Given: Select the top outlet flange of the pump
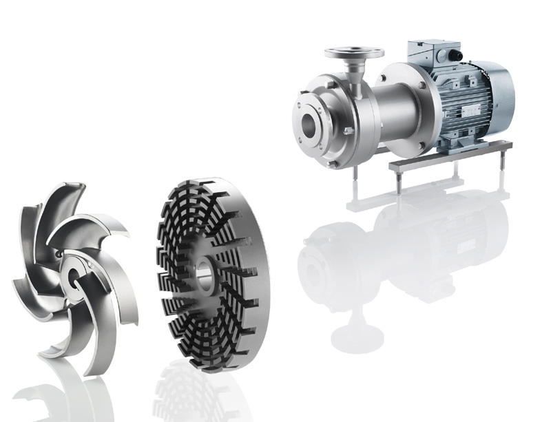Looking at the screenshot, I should (354, 52).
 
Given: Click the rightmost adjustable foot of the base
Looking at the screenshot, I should (501, 165).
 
